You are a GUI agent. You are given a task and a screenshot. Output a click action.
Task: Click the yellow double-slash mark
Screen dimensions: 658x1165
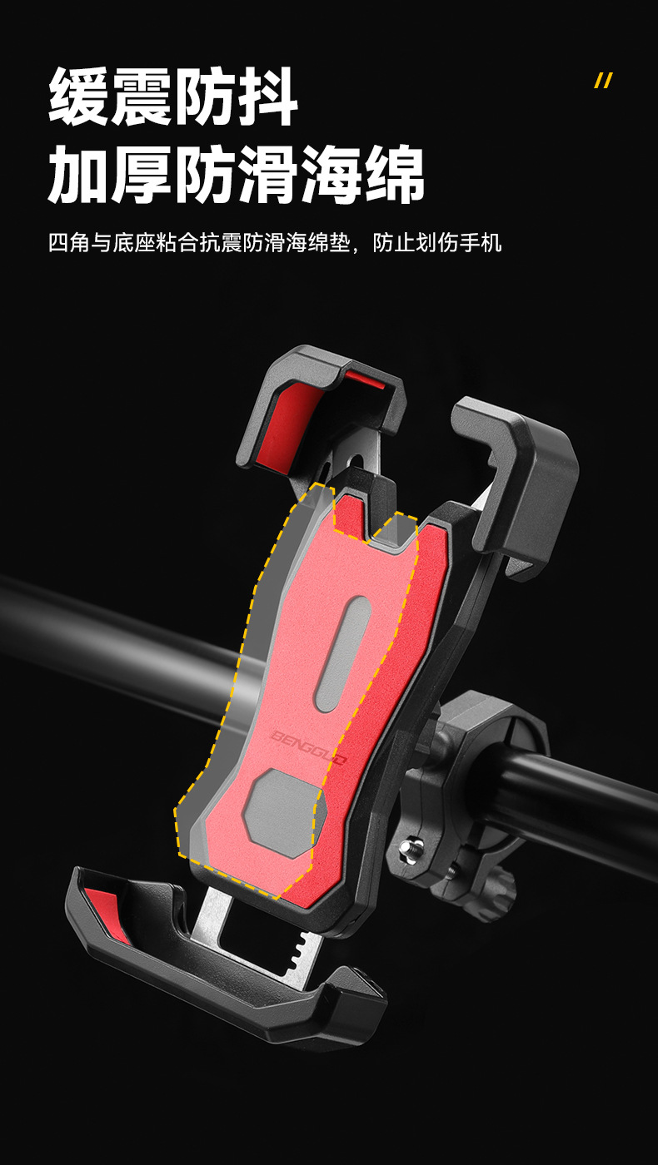tap(603, 81)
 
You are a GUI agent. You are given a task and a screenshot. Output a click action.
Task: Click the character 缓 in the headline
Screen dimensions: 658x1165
tap(79, 97)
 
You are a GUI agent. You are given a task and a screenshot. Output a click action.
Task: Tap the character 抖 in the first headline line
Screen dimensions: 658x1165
tap(267, 97)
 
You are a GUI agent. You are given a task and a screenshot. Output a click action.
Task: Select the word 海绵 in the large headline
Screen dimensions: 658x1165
tap(362, 174)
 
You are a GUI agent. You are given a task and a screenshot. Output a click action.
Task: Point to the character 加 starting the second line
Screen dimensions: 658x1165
tap(79, 174)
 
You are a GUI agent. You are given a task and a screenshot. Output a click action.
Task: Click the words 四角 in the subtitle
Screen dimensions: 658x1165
tap(69, 242)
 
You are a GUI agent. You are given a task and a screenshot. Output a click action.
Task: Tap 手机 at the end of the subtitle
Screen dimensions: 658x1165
tap(481, 242)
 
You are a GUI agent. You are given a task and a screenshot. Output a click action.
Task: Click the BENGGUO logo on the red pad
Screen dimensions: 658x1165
tap(308, 748)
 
